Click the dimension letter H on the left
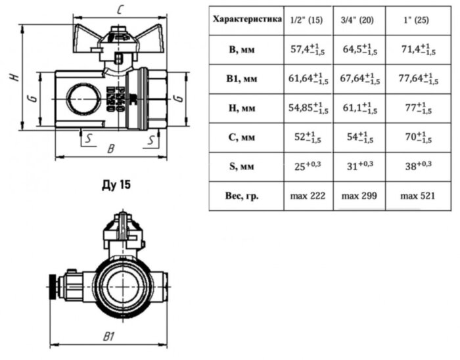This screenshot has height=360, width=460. pos(12,78)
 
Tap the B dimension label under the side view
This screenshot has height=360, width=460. pos(111,149)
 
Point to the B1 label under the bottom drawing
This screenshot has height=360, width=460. pos(109,336)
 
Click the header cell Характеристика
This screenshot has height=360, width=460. pos(246,19)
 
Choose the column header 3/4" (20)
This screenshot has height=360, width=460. pos(358,20)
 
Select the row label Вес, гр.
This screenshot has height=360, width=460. pos(246,196)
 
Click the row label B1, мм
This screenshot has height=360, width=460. pos(246,79)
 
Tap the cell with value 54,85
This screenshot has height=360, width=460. pos(308,108)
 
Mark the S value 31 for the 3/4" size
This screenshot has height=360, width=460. pos(358,167)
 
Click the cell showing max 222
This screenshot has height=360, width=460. pos(308,196)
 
